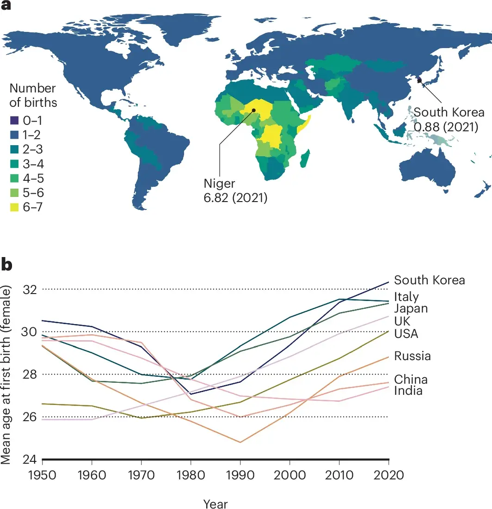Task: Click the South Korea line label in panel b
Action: coord(429,280)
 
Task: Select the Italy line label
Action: coord(406,297)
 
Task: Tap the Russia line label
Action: coord(412,356)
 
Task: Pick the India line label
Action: coord(408,391)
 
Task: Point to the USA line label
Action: coord(406,333)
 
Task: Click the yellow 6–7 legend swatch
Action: coord(13,208)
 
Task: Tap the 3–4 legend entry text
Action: coord(33,164)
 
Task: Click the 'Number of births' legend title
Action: coord(32,95)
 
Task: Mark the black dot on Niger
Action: coord(253,110)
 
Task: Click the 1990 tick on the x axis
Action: coord(240,475)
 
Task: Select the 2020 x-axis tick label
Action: coord(388,475)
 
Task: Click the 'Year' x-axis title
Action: coord(215,503)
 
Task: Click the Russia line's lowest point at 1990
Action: coord(240,442)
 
